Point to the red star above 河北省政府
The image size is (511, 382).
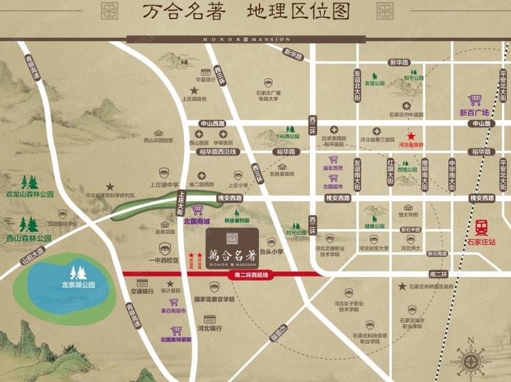point(411,136)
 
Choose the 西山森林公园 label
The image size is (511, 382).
point(29,238)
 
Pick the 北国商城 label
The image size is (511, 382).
point(196,221)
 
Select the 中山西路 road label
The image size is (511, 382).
point(212,123)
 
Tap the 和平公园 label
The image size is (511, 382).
point(414,78)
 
